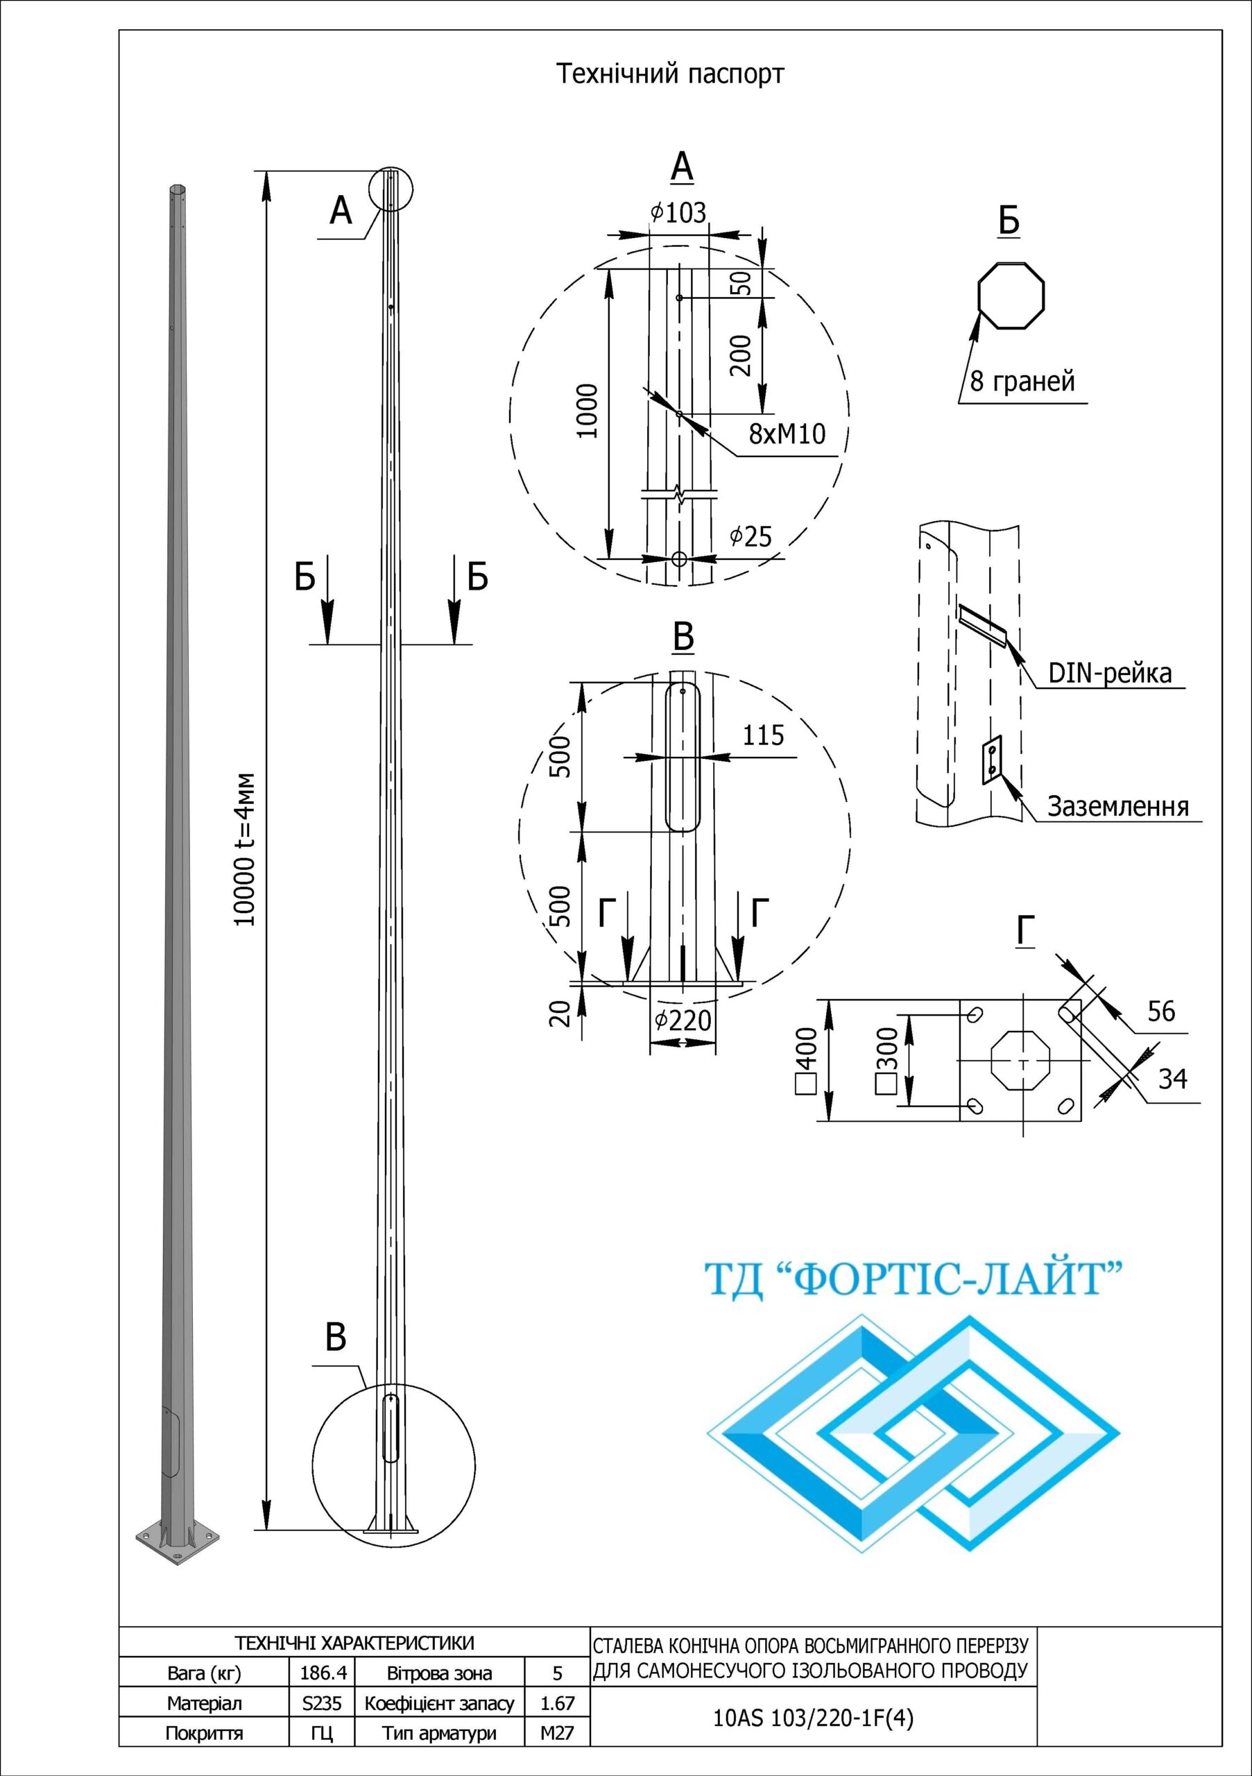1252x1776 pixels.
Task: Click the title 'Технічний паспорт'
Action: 669,75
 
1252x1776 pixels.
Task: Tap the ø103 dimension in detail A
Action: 678,213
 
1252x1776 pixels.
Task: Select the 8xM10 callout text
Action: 787,434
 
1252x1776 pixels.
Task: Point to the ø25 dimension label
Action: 750,536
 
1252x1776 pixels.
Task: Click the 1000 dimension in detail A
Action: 588,411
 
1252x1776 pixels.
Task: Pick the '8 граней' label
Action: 1022,382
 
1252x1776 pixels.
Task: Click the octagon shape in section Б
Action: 1011,296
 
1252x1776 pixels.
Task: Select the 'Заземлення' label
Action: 1117,807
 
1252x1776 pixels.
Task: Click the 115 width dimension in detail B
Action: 763,734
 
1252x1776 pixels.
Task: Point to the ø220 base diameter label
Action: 682,1021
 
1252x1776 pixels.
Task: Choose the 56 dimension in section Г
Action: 1160,1011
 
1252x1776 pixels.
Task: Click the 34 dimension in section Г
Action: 1172,1078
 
